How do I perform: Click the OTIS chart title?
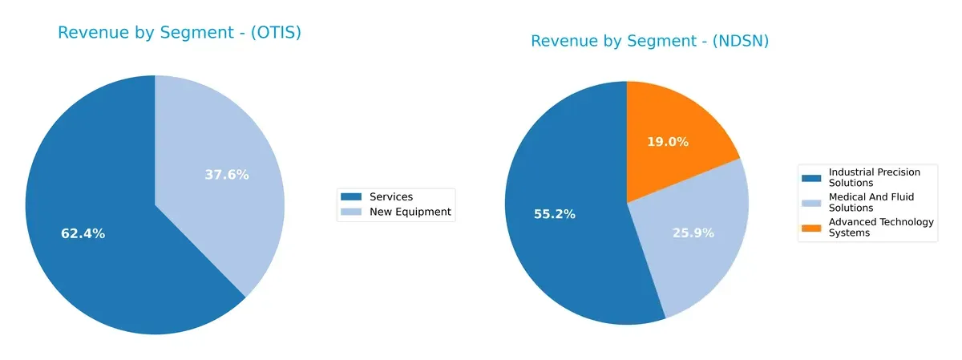click(179, 33)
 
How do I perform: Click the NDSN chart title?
click(649, 41)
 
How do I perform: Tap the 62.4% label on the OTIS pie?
click(83, 234)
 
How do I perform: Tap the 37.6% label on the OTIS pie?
click(227, 175)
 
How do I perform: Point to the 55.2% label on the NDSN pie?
click(555, 214)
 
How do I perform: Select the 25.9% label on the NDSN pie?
click(692, 233)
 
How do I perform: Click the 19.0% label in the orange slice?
click(668, 142)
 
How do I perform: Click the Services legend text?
click(390, 197)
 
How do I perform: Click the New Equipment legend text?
click(410, 212)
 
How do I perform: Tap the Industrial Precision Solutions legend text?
click(874, 177)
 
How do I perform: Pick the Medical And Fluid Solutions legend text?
click(871, 202)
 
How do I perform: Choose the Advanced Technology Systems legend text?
click(880, 227)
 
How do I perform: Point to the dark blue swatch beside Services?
click(351, 197)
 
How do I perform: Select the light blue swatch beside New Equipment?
click(351, 212)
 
